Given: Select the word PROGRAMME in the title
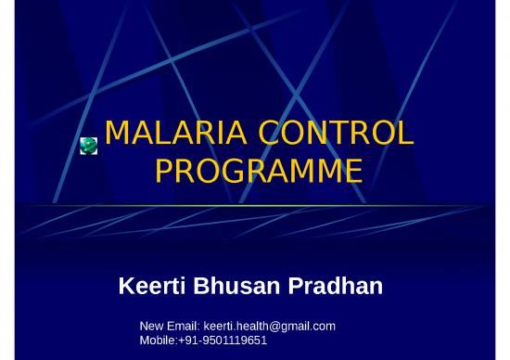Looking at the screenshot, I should pyautogui.click(x=258, y=172).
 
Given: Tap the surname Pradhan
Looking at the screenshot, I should pyautogui.click(x=335, y=287).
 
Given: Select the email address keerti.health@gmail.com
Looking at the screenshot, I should pyautogui.click(x=269, y=327).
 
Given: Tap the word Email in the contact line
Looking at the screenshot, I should pyautogui.click(x=183, y=327).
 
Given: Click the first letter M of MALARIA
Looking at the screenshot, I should pyautogui.click(x=117, y=135).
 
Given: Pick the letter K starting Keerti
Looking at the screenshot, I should pyautogui.click(x=128, y=287).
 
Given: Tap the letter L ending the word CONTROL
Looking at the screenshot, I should pyautogui.click(x=404, y=135).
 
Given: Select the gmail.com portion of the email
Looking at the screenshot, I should pyautogui.click(x=311, y=327).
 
